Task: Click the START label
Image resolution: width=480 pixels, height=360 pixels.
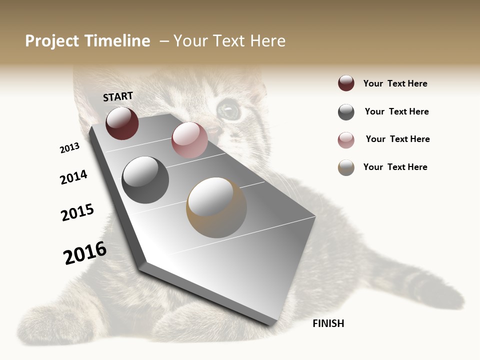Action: click(118, 96)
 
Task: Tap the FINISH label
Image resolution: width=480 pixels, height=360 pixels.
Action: click(328, 323)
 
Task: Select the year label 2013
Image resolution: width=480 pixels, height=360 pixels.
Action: click(70, 148)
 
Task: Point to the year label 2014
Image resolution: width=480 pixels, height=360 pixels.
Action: click(73, 177)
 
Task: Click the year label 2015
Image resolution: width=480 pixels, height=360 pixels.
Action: click(77, 212)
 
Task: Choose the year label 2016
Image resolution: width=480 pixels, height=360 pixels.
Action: click(85, 252)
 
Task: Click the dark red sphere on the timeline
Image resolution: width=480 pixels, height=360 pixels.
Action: click(122, 123)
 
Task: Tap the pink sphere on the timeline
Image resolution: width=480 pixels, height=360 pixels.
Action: click(189, 140)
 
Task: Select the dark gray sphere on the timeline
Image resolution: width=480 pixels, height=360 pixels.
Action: click(145, 180)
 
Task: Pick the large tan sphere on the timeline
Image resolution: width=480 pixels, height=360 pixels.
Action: click(216, 207)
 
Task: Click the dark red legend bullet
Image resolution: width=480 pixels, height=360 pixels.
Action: click(346, 83)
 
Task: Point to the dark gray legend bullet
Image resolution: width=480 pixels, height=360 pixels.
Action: click(346, 112)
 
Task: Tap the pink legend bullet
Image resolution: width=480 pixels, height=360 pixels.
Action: click(346, 140)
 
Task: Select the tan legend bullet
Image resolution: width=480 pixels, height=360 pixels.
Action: click(346, 167)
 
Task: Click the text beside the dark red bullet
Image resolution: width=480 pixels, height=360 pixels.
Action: click(395, 83)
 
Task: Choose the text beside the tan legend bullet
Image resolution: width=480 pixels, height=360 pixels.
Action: click(395, 167)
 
